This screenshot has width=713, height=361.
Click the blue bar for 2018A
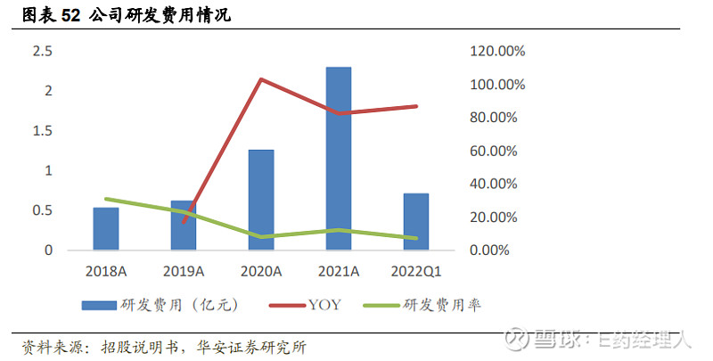coord(106,228)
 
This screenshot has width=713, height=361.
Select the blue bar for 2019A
coord(184,226)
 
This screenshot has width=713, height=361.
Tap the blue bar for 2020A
coord(261,200)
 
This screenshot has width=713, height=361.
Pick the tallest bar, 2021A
coord(339,159)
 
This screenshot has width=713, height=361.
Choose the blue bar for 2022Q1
coord(416,221)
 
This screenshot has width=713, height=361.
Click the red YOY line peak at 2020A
coord(260,79)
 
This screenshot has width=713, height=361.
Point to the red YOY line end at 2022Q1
coord(416,106)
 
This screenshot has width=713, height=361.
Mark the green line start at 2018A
coord(106,199)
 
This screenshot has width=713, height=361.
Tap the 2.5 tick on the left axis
coord(43,52)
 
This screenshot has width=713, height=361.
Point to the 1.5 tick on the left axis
coord(43,131)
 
